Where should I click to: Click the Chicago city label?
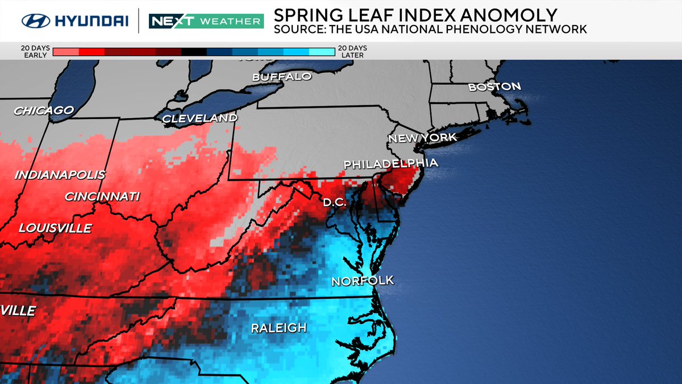coord(44,110)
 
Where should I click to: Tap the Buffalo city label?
coord(282,76)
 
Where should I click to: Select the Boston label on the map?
coord(494,86)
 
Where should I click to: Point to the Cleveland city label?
coord(199,118)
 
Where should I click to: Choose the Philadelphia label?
coord(390,164)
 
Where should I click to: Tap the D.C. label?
coord(335,202)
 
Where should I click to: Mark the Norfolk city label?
coord(363,281)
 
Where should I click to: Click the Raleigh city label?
coord(278,328)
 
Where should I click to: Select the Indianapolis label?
coord(60,175)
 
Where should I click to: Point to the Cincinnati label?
coord(102,197)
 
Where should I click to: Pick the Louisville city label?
coord(55,228)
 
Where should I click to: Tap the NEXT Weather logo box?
coord(206,22)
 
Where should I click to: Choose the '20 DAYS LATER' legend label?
coord(351,52)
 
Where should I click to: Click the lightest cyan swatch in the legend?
coord(322,52)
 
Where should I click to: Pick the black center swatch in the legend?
coord(194,52)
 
